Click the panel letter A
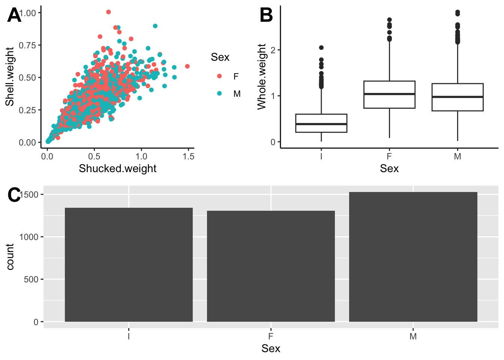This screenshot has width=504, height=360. (14, 16)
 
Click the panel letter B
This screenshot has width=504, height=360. (266, 16)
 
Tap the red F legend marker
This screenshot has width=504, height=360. (219, 76)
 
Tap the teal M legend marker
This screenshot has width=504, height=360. (219, 93)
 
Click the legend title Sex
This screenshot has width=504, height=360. (220, 57)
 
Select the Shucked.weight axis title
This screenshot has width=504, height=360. (117, 168)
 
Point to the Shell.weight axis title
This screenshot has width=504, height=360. (10, 76)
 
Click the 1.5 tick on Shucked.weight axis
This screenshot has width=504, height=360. (188, 156)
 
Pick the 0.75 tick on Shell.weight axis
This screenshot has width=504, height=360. (28, 45)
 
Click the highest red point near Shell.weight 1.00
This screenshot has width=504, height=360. (108, 12)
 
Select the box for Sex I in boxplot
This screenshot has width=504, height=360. (321, 123)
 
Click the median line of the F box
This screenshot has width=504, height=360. (389, 94)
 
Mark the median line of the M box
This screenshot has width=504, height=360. (457, 97)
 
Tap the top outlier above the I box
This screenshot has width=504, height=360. (321, 48)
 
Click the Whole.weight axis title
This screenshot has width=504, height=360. (262, 76)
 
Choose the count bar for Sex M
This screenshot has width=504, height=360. (413, 257)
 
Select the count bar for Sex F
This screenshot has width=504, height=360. (271, 266)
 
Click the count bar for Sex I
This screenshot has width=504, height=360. (129, 265)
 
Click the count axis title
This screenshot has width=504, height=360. (10, 256)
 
